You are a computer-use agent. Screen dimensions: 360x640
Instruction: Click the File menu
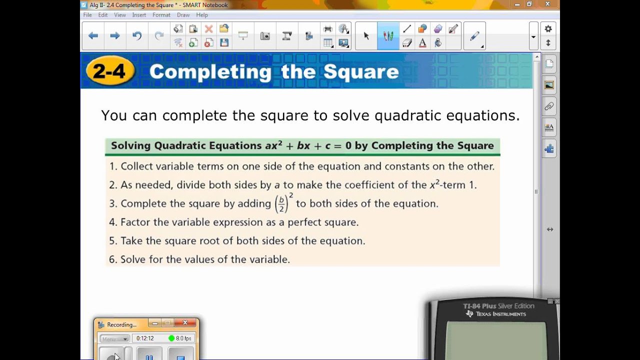click(x=87, y=15)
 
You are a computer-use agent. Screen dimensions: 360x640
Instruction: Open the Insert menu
click(x=139, y=15)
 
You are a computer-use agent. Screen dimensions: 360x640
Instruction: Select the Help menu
click(x=202, y=15)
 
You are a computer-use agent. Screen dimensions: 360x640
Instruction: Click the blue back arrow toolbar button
click(x=93, y=35)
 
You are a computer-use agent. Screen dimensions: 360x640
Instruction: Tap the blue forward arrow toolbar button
click(x=115, y=35)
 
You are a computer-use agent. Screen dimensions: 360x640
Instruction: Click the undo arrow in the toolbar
click(x=137, y=35)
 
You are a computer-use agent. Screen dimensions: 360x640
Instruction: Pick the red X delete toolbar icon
click(x=208, y=29)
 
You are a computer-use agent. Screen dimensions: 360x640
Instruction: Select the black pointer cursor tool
click(x=366, y=35)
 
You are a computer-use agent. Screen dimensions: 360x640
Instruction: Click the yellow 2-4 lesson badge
click(x=109, y=71)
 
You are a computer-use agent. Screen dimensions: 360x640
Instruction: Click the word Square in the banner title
click(x=361, y=72)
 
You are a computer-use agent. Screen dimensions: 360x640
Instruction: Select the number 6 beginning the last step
click(x=112, y=259)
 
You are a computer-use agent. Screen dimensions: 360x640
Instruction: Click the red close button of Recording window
click(x=185, y=323)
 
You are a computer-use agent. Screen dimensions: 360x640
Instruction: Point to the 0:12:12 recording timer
click(x=145, y=338)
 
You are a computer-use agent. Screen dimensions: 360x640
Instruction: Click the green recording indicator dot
click(x=171, y=338)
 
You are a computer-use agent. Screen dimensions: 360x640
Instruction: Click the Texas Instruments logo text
click(x=500, y=314)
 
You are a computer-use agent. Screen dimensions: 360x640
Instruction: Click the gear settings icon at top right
click(x=548, y=29)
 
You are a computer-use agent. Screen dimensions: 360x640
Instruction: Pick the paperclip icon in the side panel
click(x=549, y=106)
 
